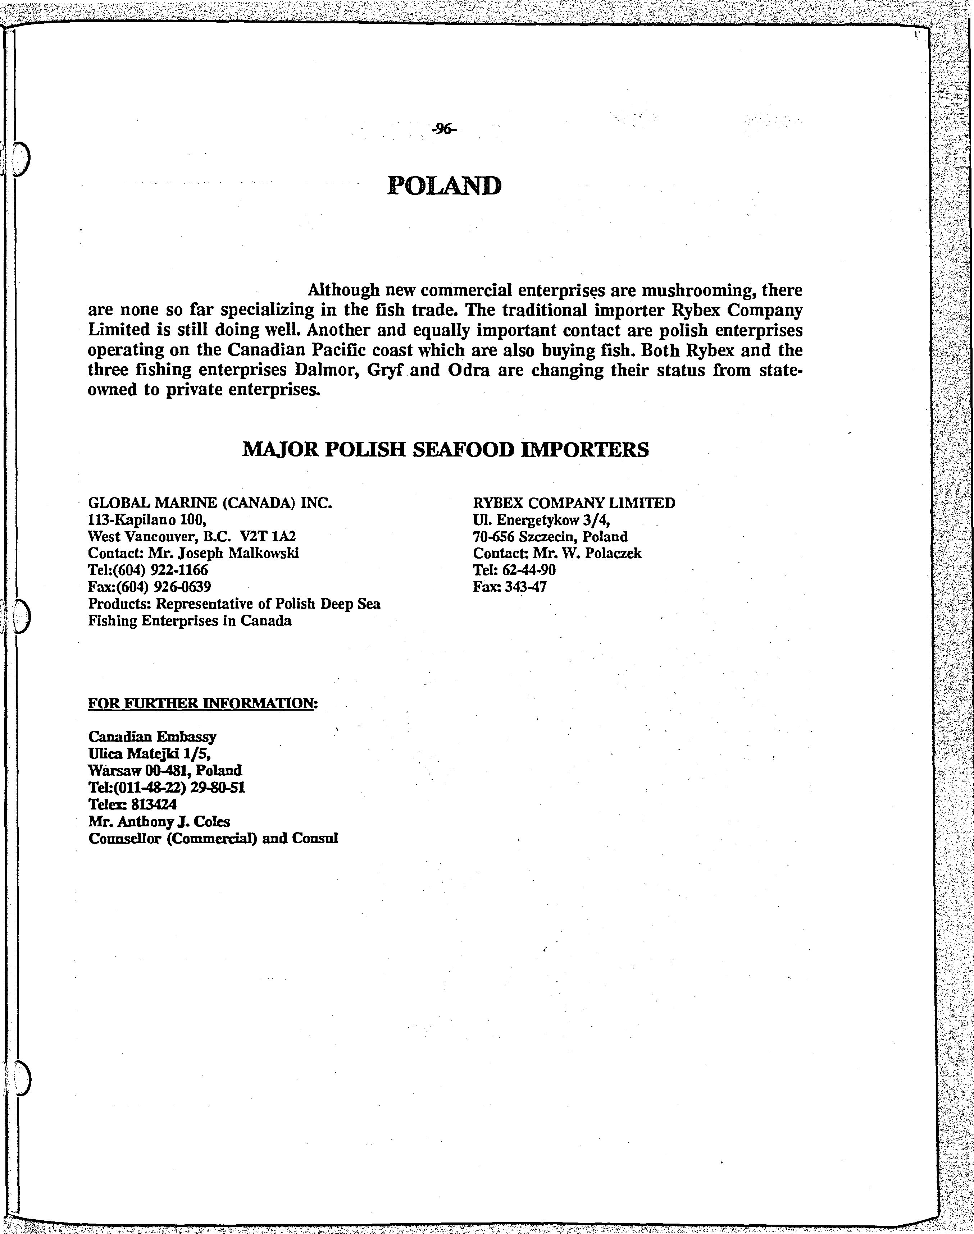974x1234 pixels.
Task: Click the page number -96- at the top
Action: coord(444,130)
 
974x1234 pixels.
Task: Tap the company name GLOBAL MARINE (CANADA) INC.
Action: coord(210,503)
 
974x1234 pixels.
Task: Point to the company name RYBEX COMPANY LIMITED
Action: coord(574,503)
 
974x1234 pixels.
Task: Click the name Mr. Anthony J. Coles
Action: coord(159,821)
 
